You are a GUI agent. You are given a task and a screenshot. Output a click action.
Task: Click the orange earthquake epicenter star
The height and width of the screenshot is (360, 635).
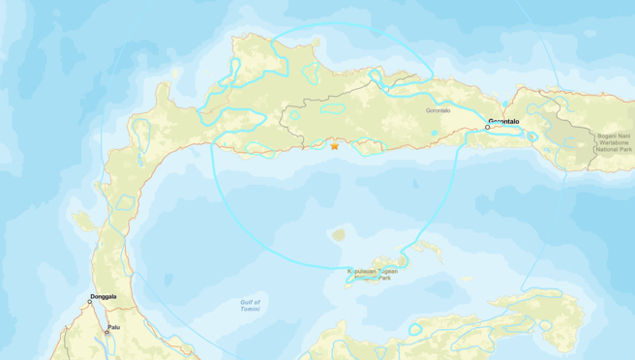pyautogui.click(x=335, y=146)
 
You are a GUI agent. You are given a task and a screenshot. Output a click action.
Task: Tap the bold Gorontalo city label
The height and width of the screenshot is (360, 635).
pyautogui.click(x=504, y=121)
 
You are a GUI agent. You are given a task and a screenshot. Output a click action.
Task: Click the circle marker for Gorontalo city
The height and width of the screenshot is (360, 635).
pyautogui.click(x=488, y=127)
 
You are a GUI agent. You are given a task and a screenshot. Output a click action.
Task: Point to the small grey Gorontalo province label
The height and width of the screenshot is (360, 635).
pyautogui.click(x=438, y=110)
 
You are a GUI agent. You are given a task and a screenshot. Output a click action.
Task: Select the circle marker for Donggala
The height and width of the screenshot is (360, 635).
pyautogui.click(x=90, y=302)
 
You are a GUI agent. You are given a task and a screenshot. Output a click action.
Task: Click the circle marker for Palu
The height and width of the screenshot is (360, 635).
pyautogui.click(x=106, y=332)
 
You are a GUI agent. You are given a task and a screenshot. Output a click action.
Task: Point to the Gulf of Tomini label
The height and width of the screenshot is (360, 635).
pyautogui.click(x=250, y=305)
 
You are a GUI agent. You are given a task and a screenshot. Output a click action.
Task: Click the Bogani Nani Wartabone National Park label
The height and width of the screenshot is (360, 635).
pyautogui.click(x=612, y=142)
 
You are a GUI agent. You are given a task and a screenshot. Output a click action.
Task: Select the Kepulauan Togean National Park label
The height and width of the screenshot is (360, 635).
pyautogui.click(x=374, y=275)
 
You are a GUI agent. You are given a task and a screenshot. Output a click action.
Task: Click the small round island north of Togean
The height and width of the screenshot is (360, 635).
pyautogui.click(x=339, y=234)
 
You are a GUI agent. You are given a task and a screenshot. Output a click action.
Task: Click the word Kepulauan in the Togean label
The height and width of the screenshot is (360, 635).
pyautogui.click(x=363, y=271)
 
